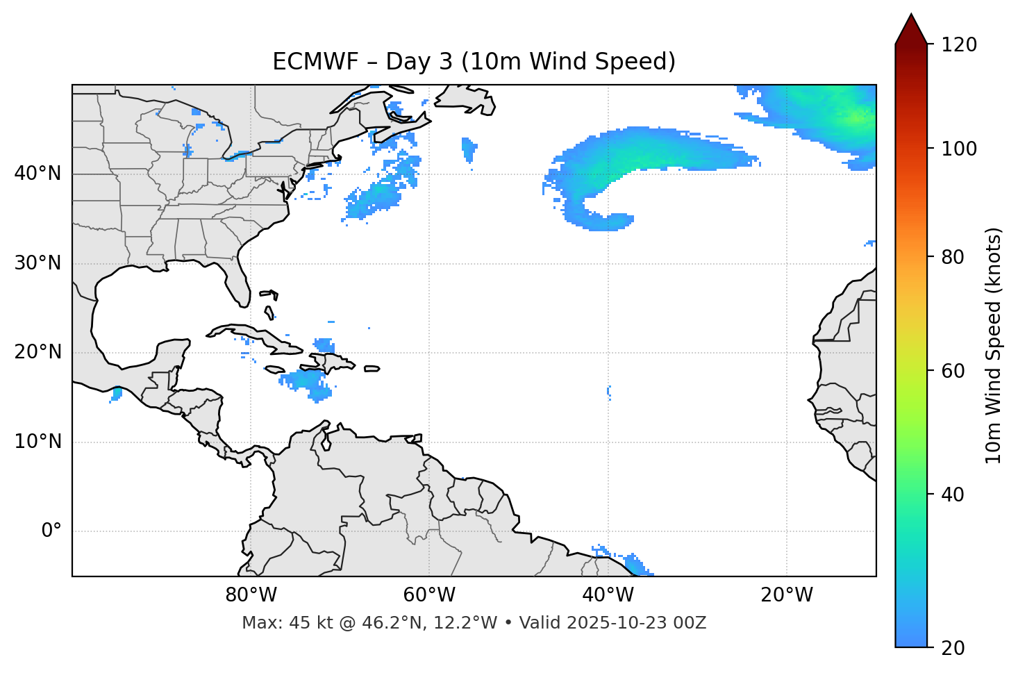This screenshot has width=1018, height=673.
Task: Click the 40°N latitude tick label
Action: click(37, 174)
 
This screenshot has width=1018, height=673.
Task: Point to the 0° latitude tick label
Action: click(51, 531)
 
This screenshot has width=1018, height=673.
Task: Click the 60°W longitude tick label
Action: click(428, 595)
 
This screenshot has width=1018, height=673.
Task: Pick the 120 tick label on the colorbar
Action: click(958, 45)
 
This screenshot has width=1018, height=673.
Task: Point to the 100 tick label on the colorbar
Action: click(958, 149)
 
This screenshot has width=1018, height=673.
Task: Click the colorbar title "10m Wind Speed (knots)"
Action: click(994, 346)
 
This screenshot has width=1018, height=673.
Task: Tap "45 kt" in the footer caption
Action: click(302, 623)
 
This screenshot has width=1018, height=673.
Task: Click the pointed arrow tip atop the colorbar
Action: click(911, 17)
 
